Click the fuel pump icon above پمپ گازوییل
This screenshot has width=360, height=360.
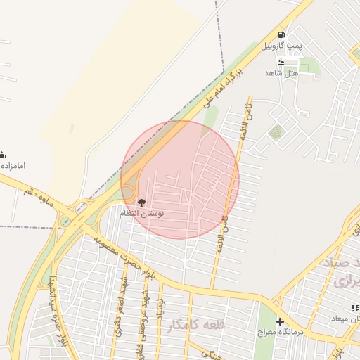click(281, 34)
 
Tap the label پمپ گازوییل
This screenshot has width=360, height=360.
click(281, 46)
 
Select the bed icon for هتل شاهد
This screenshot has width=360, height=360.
click(281, 62)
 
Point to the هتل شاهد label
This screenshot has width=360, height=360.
click(281, 73)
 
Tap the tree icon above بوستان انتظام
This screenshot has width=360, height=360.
click(141, 202)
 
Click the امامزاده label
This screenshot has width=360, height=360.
click(13, 166)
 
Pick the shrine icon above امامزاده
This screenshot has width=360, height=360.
click(2, 155)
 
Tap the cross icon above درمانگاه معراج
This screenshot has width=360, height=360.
click(280, 321)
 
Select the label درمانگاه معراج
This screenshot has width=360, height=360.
click(280, 332)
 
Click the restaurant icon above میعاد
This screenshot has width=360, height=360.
click(355, 309)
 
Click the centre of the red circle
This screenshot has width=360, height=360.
click(180, 180)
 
